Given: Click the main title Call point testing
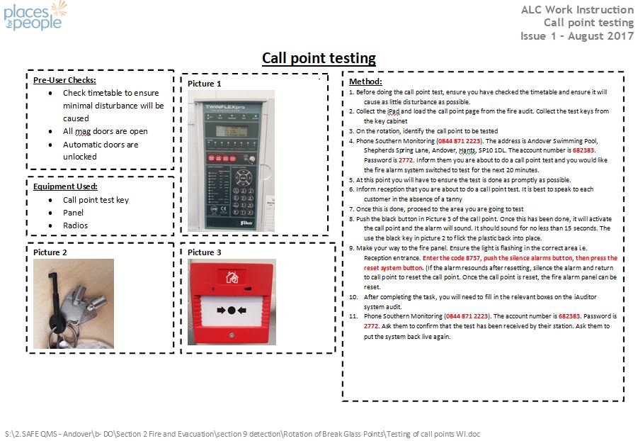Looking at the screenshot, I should [319, 58].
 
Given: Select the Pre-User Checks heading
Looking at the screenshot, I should [64, 80].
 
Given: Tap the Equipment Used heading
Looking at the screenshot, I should [65, 186].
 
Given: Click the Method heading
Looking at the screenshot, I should [365, 82].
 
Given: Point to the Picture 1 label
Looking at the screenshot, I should [204, 84].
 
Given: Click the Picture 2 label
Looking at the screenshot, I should [50, 252].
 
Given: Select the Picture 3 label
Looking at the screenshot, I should [204, 252].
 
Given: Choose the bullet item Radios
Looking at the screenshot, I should [75, 225].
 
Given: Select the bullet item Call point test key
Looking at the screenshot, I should [96, 200].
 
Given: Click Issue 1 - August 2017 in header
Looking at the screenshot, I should [576, 36].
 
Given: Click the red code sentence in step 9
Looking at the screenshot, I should [519, 259].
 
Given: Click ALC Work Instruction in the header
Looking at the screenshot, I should [576, 10].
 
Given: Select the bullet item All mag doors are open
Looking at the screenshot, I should [105, 131].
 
